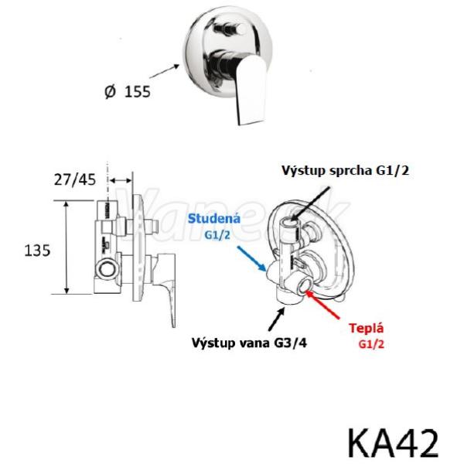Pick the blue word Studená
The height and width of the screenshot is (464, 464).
pos(216,220)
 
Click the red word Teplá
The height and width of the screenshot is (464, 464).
pos(366,327)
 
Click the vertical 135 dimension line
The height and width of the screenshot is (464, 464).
pos(67,248)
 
